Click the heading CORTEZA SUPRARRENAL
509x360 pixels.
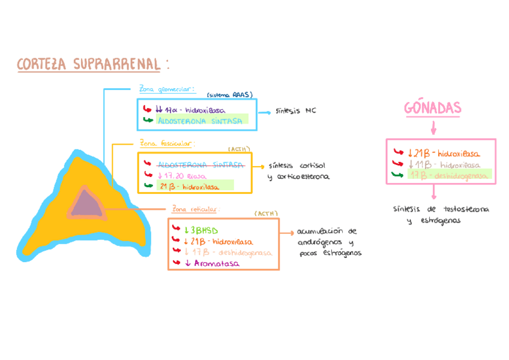89,64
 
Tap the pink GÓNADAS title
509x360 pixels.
432,108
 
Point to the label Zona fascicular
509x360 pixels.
166,144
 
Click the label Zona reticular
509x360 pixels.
195,209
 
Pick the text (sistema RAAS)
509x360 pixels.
229,95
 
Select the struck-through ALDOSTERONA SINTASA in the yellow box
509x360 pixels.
200,164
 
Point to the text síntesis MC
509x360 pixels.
295,112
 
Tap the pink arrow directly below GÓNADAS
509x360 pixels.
432,128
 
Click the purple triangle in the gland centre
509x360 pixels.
85,202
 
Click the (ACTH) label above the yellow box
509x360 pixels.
239,149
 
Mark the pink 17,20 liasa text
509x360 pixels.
181,176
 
